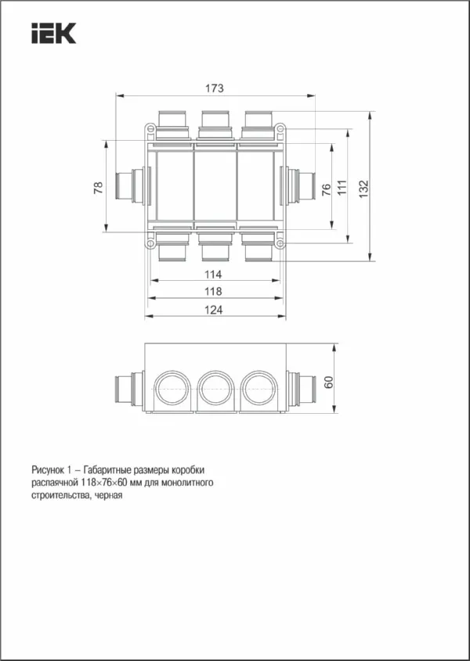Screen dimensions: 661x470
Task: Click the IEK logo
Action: tap(53, 34)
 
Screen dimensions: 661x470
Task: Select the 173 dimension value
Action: tap(214, 89)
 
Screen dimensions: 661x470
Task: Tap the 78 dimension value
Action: tap(99, 188)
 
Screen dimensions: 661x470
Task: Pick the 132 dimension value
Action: tap(363, 189)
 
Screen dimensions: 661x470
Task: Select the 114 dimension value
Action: tap(213, 275)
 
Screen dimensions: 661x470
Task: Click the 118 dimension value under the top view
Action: tap(213, 292)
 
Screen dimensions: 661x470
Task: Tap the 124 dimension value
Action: tap(213, 310)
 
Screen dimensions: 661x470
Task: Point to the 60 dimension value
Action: tap(329, 382)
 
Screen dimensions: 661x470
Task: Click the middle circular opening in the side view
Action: tap(214, 386)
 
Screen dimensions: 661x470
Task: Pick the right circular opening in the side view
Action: tap(258, 386)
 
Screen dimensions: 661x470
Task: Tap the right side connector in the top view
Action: tap(299, 186)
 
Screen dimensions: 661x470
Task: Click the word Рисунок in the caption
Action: tap(48, 469)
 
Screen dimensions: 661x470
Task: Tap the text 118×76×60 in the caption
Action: tap(107, 483)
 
